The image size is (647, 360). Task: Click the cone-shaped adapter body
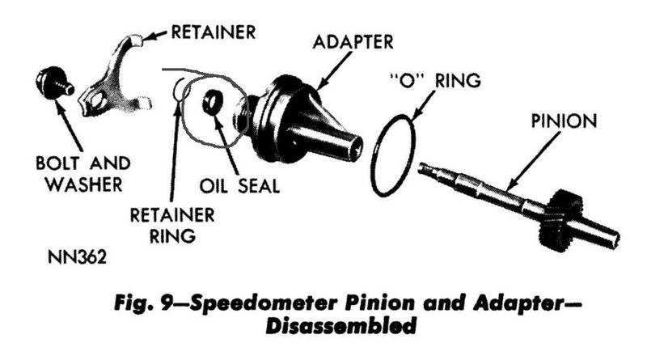click(304, 121)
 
